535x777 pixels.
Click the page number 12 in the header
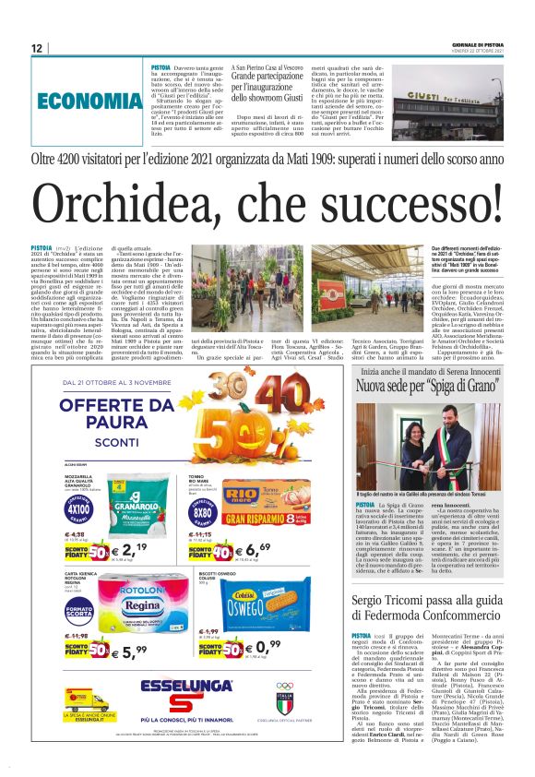pos(37,48)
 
